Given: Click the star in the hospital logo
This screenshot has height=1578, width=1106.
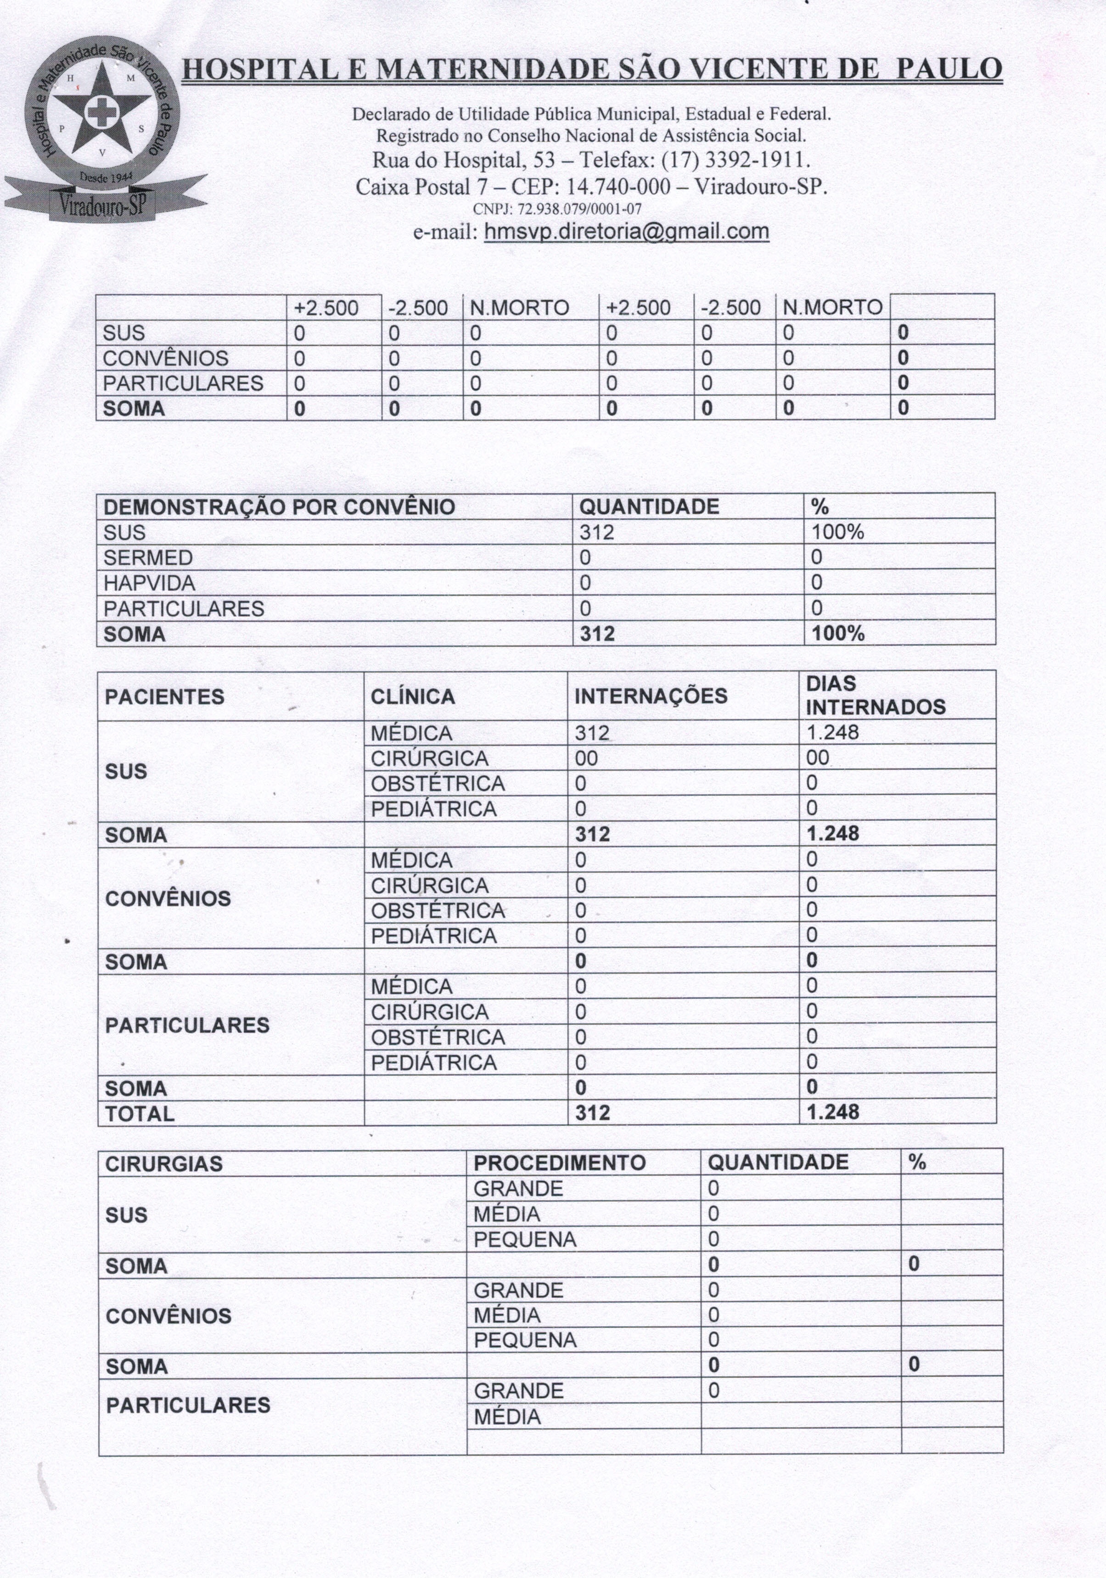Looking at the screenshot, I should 102,110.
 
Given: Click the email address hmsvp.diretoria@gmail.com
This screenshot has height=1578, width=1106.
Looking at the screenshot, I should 626,231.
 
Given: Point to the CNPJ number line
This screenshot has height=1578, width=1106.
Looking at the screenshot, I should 557,209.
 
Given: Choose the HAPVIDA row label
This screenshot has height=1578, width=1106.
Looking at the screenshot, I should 149,584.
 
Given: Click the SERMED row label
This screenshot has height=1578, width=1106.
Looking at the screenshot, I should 148,558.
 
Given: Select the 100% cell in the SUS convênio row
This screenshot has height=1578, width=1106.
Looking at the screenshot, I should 837,533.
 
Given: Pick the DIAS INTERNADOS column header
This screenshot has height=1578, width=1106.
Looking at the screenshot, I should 875,696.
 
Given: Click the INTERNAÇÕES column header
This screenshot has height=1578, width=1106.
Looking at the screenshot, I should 650,696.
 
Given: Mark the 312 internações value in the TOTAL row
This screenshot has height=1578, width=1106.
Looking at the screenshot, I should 593,1113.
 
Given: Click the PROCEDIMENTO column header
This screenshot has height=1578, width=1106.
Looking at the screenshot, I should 560,1163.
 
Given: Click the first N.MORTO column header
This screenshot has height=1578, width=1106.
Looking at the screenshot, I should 519,308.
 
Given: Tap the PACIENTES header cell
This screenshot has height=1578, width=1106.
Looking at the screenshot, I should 164,697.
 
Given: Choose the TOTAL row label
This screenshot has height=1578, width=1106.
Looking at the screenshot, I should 140,1113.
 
